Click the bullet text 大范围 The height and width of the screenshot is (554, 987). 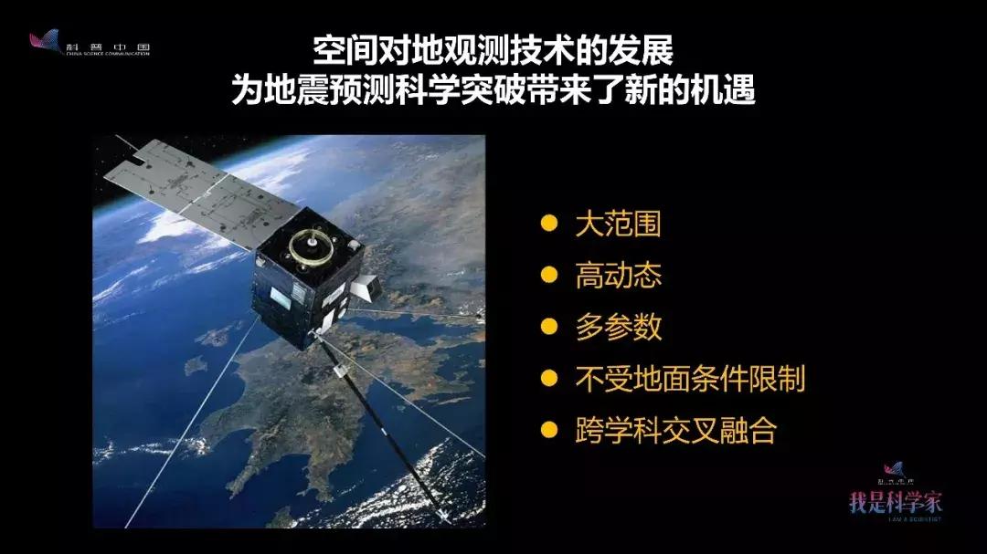pos(618,225)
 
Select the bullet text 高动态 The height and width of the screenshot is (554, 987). pos(618,276)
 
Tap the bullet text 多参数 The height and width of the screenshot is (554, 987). pos(618,327)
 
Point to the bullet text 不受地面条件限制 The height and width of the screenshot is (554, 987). pos(690,378)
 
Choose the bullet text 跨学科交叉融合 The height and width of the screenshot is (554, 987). pos(675,430)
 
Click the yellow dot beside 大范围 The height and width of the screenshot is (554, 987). pos(548,225)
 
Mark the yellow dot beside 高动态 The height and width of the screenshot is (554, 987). pos(548,276)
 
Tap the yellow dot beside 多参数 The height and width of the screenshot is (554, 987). pos(548,327)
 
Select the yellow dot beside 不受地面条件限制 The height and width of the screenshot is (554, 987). pos(548,378)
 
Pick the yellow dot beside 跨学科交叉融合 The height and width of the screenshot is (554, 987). pos(548,429)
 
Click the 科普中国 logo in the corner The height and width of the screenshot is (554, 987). pos(88,44)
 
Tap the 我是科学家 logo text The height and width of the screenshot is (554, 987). pos(896,501)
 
